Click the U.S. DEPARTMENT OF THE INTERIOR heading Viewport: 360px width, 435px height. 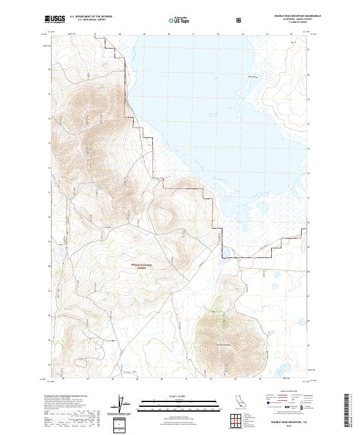click(x=90, y=17)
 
